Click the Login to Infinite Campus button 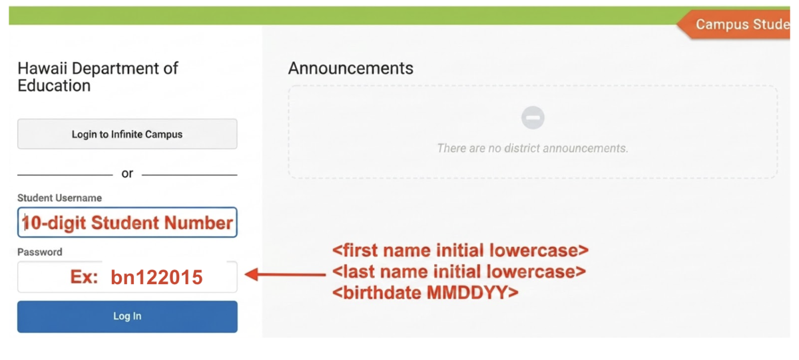[127, 134]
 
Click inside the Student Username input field [127, 222]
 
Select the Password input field [127, 277]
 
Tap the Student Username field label [59, 198]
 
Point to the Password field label [40, 252]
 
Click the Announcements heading [351, 68]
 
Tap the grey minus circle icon [533, 118]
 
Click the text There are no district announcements [533, 148]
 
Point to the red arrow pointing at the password [286, 274]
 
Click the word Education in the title [54, 86]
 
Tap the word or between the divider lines [127, 174]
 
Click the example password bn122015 [156, 277]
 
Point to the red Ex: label [84, 277]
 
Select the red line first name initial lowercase [461, 250]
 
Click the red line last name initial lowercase [459, 271]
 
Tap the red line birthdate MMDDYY [425, 293]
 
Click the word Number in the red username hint [198, 223]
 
